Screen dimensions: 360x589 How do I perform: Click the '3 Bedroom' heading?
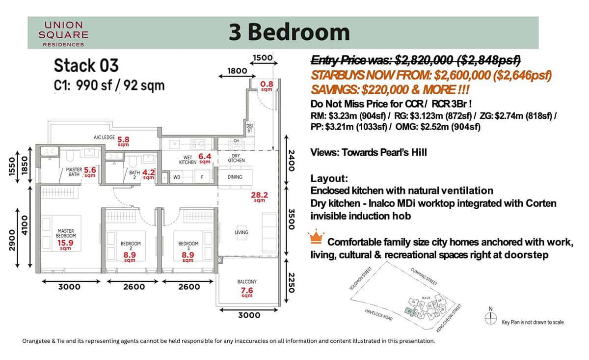click(x=289, y=32)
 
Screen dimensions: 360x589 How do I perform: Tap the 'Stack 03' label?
click(x=86, y=65)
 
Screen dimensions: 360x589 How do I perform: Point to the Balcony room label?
click(x=246, y=282)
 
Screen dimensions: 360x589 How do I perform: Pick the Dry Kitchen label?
click(x=235, y=158)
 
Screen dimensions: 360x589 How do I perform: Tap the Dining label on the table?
click(x=235, y=177)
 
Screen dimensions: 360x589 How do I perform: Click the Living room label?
click(x=241, y=232)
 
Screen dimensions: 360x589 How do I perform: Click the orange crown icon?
click(x=316, y=238)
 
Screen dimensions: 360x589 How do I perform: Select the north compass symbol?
click(x=490, y=317)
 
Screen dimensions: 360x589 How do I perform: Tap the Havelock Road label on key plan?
click(x=379, y=314)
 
